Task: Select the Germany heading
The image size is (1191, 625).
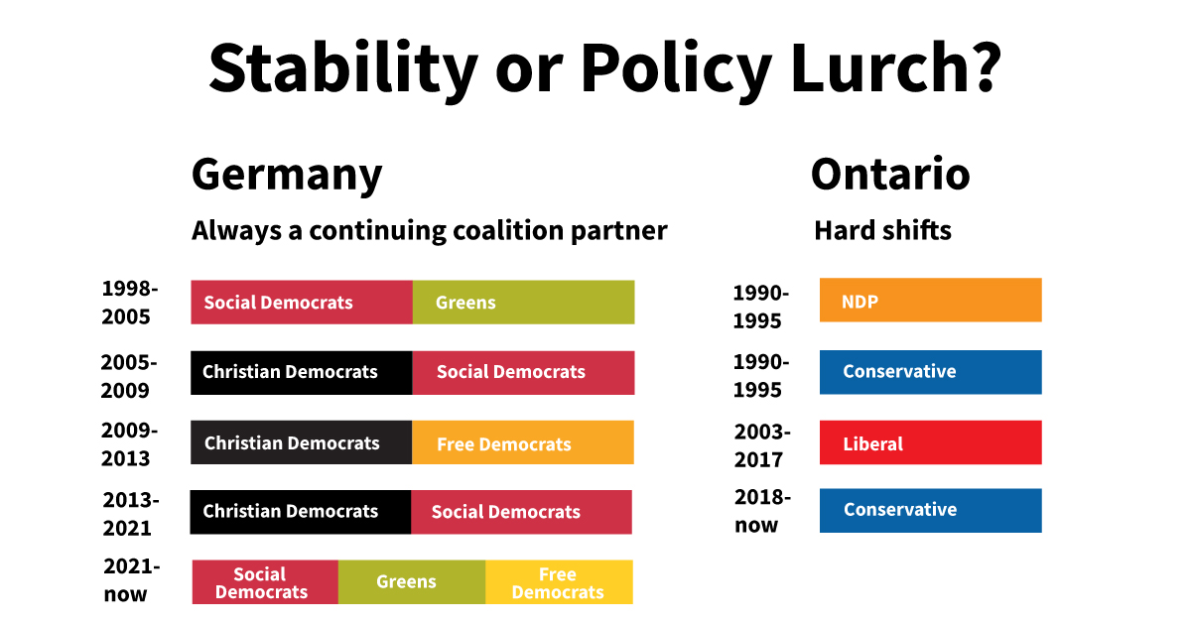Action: (286, 175)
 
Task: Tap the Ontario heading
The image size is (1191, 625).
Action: (889, 175)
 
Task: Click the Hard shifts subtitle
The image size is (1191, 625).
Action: (882, 231)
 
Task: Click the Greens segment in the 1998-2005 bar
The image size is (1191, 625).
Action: (523, 302)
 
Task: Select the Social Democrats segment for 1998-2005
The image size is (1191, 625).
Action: (302, 302)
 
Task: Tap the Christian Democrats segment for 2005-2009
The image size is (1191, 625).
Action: (302, 372)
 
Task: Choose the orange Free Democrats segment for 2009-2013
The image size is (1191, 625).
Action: (522, 443)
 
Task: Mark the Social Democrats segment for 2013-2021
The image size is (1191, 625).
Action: (521, 512)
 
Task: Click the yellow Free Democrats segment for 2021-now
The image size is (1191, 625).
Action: (559, 582)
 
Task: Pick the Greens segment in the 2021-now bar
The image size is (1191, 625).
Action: (411, 582)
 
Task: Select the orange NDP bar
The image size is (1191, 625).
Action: (930, 301)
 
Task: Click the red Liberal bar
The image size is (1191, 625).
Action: (930, 442)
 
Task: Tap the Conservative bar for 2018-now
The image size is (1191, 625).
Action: (930, 510)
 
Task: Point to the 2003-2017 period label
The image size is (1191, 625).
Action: (761, 445)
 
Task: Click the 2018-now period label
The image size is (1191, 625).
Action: (761, 511)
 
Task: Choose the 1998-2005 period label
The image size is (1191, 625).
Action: (129, 303)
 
